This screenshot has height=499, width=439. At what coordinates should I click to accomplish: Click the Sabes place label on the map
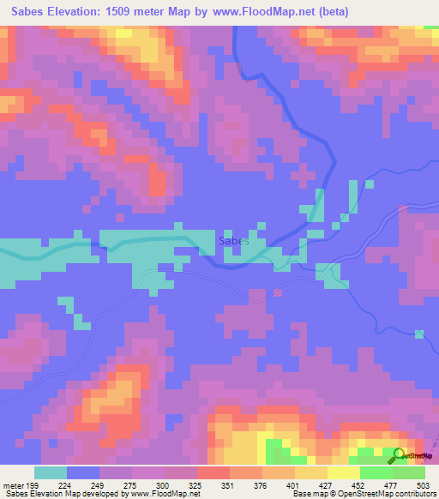click(x=233, y=241)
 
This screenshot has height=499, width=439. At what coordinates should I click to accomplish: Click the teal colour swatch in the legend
click(x=51, y=472)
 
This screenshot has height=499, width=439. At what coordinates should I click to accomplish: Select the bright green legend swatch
click(x=376, y=472)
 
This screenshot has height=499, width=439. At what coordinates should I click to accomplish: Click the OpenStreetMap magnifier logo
click(x=399, y=455)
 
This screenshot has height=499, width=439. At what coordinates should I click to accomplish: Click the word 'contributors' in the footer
click(x=412, y=494)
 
